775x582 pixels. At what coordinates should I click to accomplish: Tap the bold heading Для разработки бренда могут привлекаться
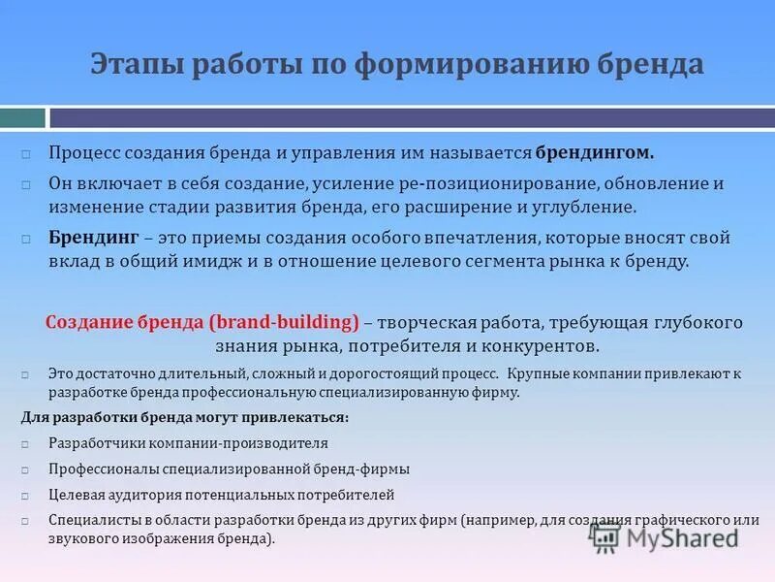click(184, 417)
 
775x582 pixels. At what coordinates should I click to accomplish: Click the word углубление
click(585, 207)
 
